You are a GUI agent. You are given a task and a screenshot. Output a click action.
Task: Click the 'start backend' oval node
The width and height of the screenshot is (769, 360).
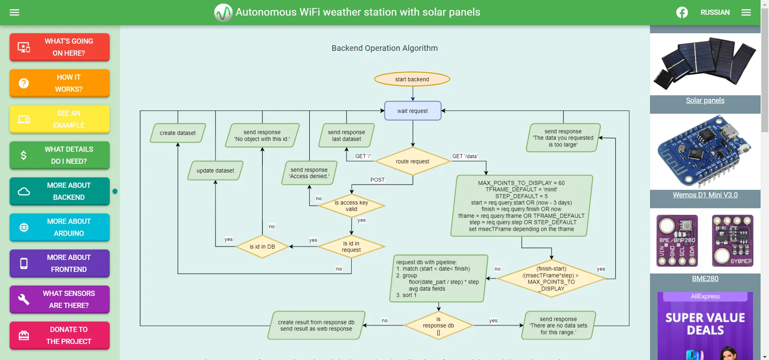coord(412,79)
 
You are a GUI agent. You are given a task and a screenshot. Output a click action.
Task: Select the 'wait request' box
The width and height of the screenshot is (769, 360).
coord(413,111)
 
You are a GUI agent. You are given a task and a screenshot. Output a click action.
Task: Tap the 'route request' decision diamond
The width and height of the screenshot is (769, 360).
coord(413,161)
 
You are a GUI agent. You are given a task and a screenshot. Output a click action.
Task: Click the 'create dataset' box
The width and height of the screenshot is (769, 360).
coord(177,133)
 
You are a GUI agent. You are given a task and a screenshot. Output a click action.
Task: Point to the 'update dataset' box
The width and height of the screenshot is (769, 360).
coord(215,171)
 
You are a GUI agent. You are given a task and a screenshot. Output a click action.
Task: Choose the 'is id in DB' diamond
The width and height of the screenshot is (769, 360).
coord(262,247)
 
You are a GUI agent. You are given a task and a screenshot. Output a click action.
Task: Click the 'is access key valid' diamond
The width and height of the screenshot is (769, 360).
coord(351,206)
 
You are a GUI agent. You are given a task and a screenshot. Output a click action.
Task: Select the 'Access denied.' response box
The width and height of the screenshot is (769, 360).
coord(309,173)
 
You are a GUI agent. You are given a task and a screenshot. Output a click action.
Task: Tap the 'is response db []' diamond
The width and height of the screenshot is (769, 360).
coord(438,326)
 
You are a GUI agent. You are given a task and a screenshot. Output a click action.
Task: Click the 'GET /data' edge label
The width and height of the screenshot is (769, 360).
coord(465,156)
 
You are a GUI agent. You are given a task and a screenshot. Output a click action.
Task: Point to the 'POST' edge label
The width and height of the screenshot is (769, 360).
coord(377,180)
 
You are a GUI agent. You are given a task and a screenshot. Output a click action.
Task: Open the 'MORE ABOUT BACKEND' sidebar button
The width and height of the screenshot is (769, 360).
coord(60,191)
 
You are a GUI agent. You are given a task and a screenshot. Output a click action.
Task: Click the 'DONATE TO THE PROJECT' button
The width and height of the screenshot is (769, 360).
coord(60,336)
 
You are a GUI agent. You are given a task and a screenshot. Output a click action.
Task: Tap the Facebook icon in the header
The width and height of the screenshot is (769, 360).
coord(682,12)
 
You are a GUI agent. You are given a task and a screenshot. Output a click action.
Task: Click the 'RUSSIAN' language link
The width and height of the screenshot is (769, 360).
coord(715,12)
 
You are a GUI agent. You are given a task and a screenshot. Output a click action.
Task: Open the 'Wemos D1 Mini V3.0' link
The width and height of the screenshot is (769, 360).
coord(705,195)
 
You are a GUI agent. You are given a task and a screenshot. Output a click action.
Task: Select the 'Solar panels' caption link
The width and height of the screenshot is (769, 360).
coord(705,101)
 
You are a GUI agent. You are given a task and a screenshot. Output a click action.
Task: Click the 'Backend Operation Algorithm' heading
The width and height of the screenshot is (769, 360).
coord(384,48)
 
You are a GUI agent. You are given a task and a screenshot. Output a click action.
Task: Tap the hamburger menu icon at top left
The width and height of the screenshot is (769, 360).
coord(14,12)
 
